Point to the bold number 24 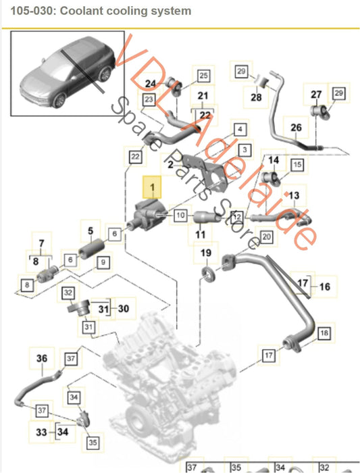(151, 84)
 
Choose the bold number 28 (256, 98)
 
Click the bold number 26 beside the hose (295, 127)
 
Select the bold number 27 (317, 95)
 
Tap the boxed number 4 (240, 128)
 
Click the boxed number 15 (297, 164)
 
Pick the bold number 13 (294, 195)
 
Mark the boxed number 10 (180, 216)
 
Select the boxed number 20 (265, 237)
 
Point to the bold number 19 (206, 254)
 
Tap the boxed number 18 (324, 333)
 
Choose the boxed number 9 (103, 262)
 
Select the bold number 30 (122, 308)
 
